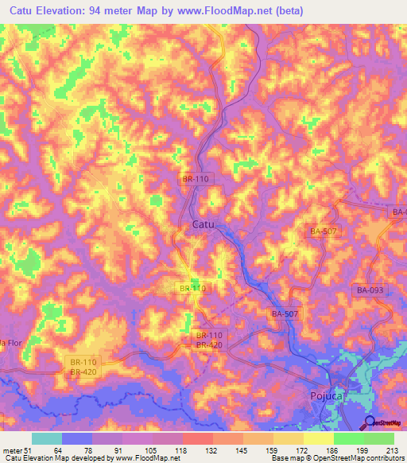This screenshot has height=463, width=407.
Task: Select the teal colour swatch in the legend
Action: (x=47, y=438)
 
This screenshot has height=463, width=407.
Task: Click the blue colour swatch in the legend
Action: (x=77, y=438)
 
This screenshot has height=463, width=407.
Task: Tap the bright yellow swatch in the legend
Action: (x=319, y=438)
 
